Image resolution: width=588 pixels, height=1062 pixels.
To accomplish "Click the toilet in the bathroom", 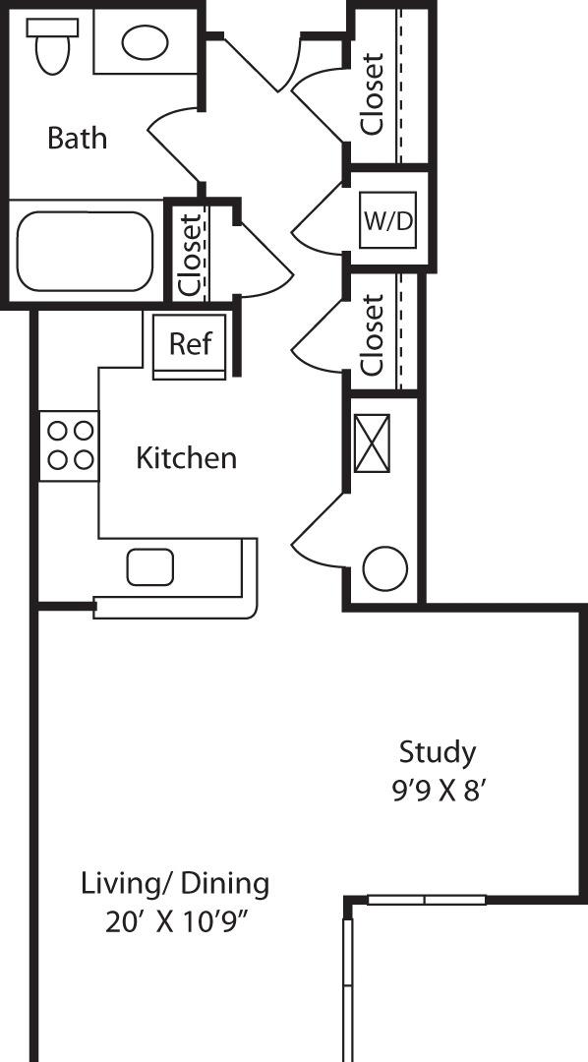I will coord(50,46).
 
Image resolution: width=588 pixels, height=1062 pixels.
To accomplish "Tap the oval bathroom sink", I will coord(145,41).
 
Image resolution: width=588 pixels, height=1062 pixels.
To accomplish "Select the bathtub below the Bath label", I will coord(86,251).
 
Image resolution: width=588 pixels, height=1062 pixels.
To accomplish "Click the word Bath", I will coord(78,139).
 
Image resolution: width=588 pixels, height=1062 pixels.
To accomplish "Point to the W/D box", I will coord(388,220).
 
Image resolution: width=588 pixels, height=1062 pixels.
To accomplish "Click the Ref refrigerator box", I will coord(190,344).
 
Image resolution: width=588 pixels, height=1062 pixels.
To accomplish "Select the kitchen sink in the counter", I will coord(150,567).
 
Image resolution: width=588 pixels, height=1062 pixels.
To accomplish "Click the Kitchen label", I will coord(186,458).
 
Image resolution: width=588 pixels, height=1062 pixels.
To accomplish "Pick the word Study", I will coord(438,753).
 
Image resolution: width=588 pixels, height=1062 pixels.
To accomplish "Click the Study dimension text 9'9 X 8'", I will coord(438,791).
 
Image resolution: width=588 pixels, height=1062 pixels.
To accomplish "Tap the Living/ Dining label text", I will coord(175,884).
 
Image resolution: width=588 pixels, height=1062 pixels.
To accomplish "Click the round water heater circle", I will coord(385,569).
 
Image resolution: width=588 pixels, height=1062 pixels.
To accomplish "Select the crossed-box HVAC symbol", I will coord(372,442).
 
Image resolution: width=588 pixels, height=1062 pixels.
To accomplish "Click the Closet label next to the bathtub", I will coord(191,255).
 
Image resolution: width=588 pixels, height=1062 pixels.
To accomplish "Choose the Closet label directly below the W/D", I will coord(372,335).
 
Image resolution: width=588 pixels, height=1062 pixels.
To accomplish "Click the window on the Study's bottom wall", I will coord(427,900).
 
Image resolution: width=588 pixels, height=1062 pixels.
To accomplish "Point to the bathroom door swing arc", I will coord(167,147).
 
